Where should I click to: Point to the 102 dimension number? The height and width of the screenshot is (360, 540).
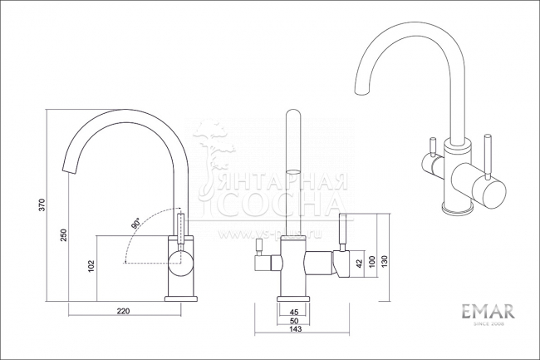point(91,266)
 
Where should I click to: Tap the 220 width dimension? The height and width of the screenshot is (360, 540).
point(124,312)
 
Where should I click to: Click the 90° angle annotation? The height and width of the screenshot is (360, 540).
point(135,224)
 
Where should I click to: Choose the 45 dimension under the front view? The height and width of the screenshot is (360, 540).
point(294,311)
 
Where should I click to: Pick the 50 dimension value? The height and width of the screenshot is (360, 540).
point(294,320)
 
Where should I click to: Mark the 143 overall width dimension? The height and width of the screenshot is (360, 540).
point(294,330)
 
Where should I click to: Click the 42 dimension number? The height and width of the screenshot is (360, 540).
point(358,264)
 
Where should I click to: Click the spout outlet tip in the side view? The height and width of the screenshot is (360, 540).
point(68,168)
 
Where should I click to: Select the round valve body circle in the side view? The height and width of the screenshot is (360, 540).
point(179,264)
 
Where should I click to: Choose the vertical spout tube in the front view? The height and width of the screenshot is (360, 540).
point(292,175)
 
